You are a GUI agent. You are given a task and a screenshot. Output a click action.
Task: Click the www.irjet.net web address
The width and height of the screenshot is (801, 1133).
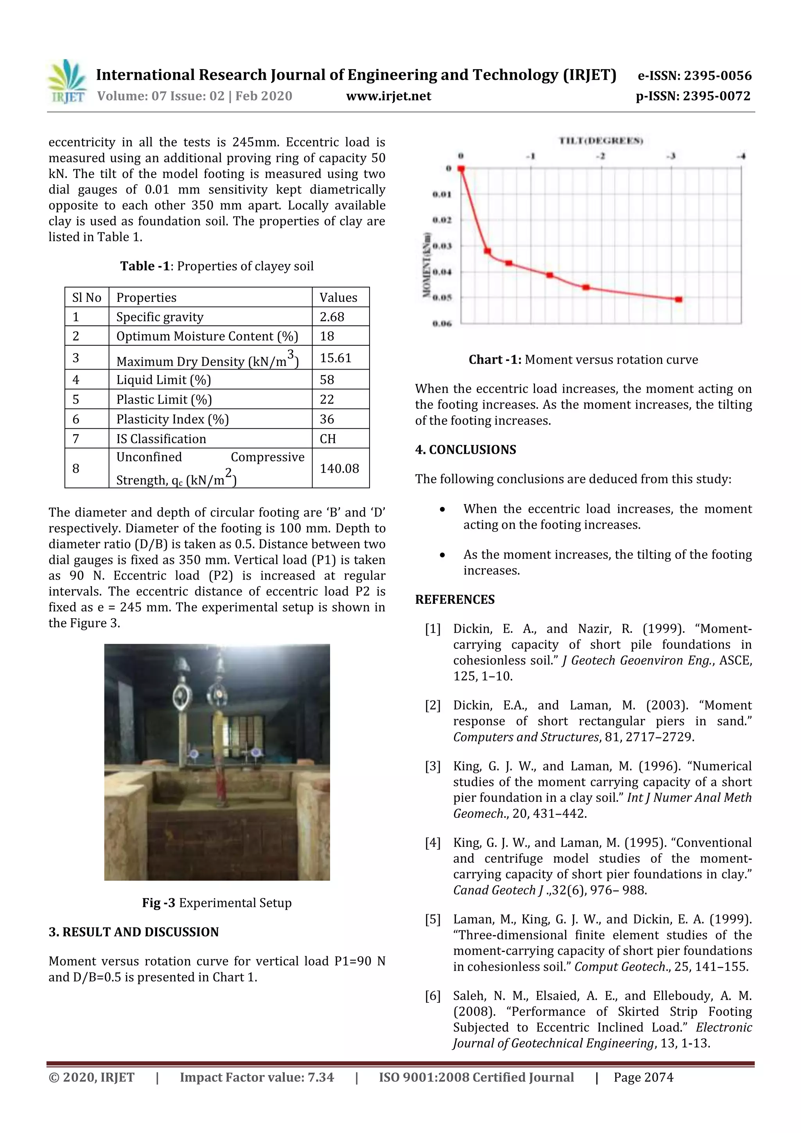point(388,96)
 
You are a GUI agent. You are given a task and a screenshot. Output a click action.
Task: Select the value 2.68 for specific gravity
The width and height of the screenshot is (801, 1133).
point(332,317)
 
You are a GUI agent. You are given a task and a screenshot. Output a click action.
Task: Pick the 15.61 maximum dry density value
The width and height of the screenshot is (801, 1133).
point(336,358)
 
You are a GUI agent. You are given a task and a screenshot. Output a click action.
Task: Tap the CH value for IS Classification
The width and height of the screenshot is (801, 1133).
point(328,439)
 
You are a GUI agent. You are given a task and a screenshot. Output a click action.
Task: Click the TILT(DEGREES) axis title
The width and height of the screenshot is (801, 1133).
point(601,141)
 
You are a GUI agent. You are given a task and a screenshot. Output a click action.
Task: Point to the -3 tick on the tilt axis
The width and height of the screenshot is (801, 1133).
point(671,156)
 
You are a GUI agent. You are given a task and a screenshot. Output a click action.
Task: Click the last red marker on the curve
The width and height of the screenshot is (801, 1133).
point(679,300)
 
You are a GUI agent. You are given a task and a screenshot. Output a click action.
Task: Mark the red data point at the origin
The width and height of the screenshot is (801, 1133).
point(461,169)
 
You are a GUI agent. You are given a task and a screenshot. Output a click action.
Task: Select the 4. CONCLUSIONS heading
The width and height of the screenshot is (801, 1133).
point(465,449)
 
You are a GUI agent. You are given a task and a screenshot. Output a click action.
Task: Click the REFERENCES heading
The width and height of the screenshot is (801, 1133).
point(454,600)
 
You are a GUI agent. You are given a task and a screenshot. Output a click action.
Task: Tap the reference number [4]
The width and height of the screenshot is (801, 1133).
point(433,843)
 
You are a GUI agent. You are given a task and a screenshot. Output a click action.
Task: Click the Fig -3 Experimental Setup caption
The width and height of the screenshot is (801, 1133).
point(217,903)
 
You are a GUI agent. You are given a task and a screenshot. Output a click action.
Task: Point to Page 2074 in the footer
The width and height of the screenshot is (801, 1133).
point(643,1077)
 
